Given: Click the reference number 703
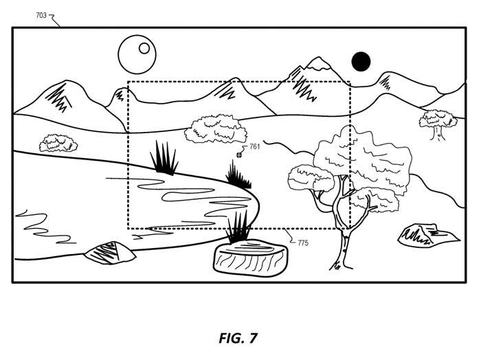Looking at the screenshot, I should [x=41, y=14].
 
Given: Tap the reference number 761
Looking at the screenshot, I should [x=254, y=146].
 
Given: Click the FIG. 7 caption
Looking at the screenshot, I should [x=238, y=337].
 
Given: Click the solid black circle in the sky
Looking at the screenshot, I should [x=361, y=62].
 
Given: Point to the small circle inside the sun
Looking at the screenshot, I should [x=144, y=47].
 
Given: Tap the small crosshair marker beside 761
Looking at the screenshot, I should [x=238, y=155].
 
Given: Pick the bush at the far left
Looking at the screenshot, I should [x=57, y=143].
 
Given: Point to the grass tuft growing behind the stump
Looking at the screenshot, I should [x=239, y=227].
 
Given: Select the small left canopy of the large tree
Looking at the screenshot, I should [x=311, y=177].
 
